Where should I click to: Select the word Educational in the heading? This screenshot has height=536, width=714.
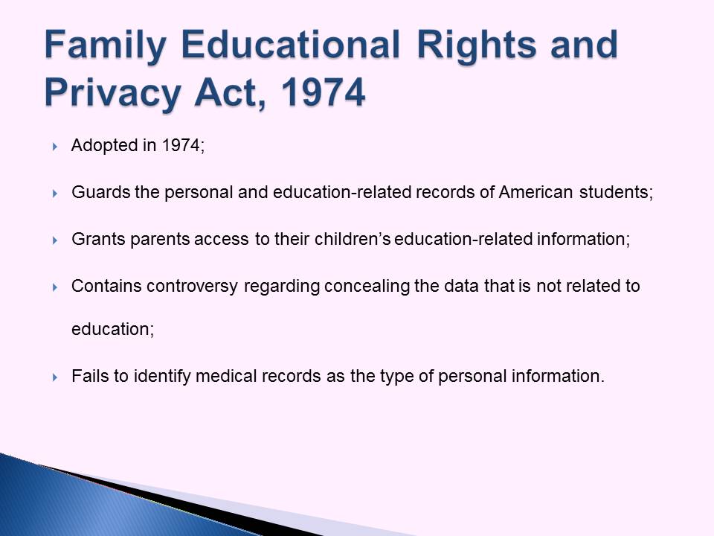(x=291, y=45)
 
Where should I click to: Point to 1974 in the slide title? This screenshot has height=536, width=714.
(x=323, y=92)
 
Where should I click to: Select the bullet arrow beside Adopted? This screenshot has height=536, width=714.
(x=54, y=147)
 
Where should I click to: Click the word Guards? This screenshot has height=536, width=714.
(x=100, y=192)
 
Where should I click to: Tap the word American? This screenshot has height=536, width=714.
(x=535, y=192)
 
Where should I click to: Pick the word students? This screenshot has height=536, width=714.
(x=616, y=192)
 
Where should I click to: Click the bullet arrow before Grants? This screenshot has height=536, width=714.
(x=54, y=240)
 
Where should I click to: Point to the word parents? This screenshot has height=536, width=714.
(x=160, y=240)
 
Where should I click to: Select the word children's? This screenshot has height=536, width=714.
(x=353, y=239)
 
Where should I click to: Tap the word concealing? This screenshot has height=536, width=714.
(x=367, y=287)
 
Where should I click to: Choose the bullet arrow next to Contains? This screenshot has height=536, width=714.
(x=54, y=287)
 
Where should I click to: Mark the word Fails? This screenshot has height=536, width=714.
(x=90, y=376)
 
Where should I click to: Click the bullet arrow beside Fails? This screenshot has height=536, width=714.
(x=54, y=377)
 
